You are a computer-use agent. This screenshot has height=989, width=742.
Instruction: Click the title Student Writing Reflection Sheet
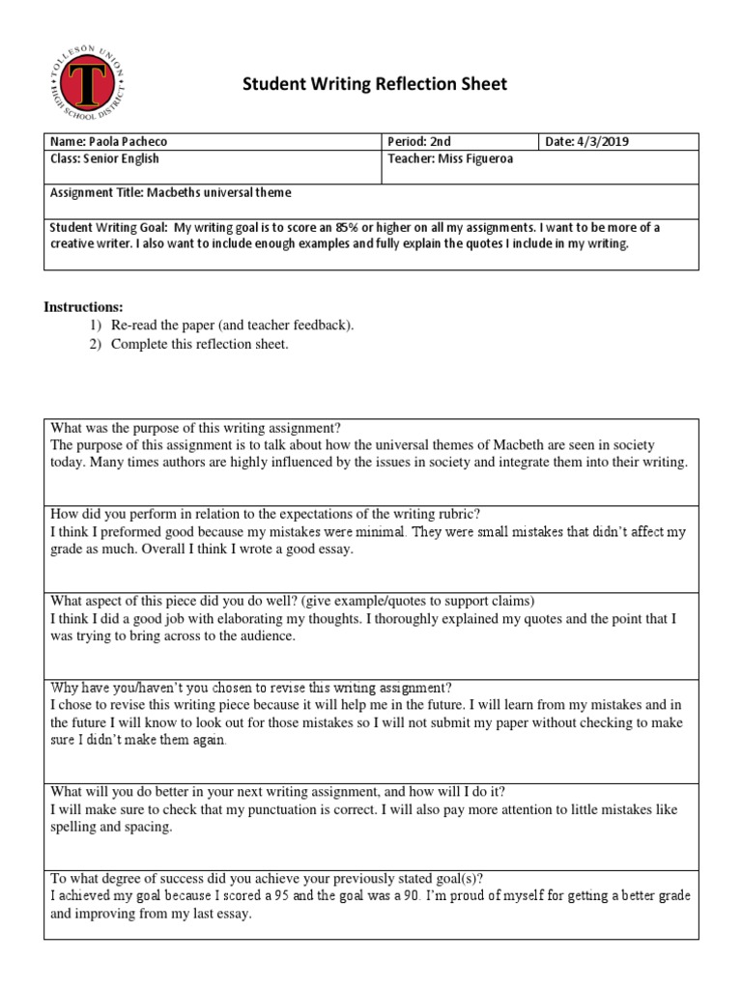click(x=374, y=85)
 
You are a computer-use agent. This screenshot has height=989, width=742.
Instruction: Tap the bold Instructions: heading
click(x=83, y=307)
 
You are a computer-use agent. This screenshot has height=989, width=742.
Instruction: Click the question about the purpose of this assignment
click(x=195, y=428)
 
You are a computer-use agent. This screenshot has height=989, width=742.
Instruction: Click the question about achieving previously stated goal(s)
click(x=266, y=878)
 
